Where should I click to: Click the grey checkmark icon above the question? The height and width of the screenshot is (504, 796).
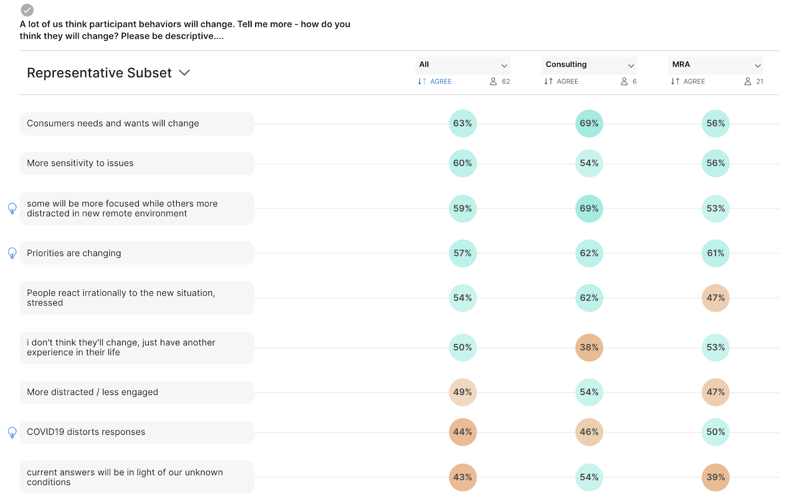coord(27,10)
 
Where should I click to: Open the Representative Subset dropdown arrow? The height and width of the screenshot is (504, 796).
coord(184,73)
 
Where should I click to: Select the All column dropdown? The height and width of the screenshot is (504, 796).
coord(463,65)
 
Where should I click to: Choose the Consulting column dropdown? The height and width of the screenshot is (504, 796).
coord(589,65)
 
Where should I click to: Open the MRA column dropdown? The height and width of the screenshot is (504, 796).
coord(715,65)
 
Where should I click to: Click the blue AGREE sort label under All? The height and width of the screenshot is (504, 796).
coord(440,82)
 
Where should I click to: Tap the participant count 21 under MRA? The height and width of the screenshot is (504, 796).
coord(759,82)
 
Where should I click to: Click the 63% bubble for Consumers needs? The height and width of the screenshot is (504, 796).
coord(463,123)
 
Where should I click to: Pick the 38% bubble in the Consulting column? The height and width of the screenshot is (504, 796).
coord(589,347)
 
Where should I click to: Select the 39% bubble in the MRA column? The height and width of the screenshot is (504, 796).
coord(715,477)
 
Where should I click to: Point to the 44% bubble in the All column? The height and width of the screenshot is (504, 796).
coord(463,432)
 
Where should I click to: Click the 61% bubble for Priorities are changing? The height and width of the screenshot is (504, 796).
coord(715,253)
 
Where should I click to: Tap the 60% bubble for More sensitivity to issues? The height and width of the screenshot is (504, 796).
coord(463,163)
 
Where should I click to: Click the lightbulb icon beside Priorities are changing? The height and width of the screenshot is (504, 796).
coord(12,253)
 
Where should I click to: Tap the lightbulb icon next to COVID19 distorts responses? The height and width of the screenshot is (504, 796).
coord(12,432)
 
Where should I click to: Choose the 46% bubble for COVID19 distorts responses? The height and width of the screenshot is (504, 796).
coord(589,432)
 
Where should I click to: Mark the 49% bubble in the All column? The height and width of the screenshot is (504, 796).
coord(463,392)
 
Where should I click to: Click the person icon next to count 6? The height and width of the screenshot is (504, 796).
coord(624,82)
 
